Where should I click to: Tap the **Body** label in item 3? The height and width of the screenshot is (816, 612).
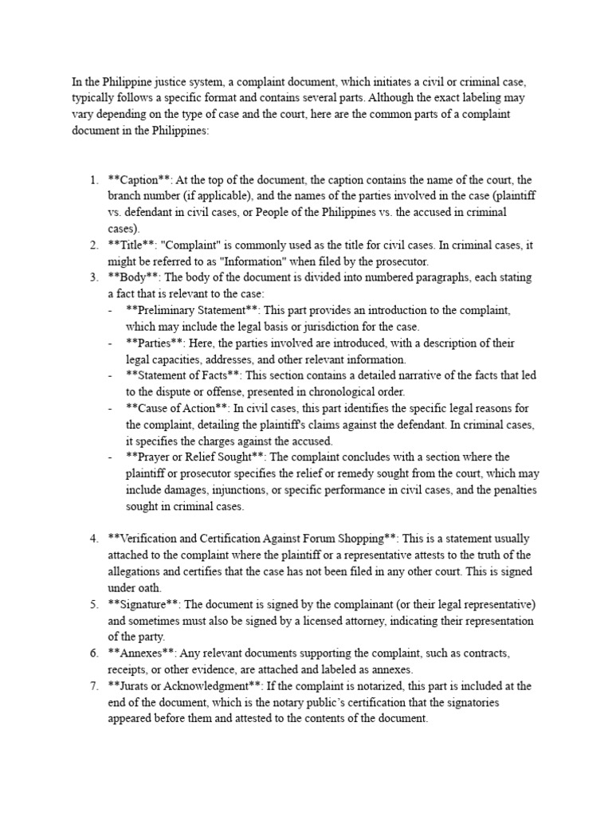(132, 277)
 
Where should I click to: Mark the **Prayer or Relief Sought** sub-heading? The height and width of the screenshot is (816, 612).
(196, 457)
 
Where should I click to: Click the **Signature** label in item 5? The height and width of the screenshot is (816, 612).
(144, 604)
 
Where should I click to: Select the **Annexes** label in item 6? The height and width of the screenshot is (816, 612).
(140, 653)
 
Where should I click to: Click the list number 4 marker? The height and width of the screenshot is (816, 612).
(93, 539)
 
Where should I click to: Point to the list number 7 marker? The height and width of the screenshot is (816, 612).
(93, 686)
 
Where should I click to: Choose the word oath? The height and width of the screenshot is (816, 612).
(157, 588)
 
